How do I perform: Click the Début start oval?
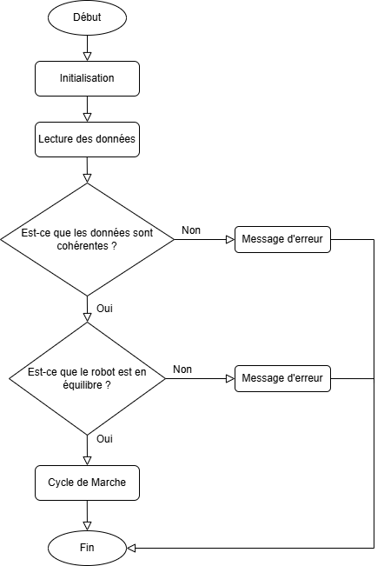(87, 17)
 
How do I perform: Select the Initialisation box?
(87, 78)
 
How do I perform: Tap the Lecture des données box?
(87, 138)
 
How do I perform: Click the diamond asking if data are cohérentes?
(87, 239)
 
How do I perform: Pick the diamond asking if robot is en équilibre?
(87, 378)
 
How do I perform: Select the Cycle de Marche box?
(87, 483)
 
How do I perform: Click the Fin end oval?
(87, 548)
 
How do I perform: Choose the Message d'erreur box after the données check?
(282, 239)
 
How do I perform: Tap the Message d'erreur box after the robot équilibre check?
(282, 378)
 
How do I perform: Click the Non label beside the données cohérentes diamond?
(190, 230)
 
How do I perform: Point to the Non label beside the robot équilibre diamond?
(182, 369)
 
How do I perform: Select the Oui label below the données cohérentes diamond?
(104, 308)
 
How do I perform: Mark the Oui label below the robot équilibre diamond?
(104, 438)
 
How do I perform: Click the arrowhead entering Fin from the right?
(131, 548)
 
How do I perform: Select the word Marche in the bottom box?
(107, 483)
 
